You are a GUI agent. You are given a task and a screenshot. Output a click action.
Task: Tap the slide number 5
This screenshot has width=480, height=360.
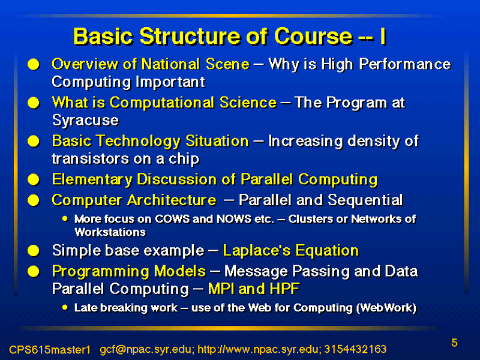[x=454, y=343]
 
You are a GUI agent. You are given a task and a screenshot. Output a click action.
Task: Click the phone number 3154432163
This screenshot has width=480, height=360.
[x=355, y=349]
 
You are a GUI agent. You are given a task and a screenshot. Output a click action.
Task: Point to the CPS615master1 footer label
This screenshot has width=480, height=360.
[x=50, y=349]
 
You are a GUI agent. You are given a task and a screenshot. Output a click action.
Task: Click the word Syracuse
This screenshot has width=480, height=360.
[x=85, y=120]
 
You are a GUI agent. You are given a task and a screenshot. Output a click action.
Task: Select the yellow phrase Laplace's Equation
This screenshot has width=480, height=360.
[x=291, y=250]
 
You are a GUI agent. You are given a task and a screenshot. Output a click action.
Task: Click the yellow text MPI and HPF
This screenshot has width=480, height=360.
[x=253, y=289]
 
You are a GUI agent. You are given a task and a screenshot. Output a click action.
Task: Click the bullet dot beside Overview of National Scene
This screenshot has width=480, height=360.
[x=34, y=64]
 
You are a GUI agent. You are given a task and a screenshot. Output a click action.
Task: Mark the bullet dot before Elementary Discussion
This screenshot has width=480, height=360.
[x=34, y=179]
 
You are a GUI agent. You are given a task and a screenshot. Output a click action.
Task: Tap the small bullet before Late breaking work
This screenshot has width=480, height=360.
[x=65, y=307]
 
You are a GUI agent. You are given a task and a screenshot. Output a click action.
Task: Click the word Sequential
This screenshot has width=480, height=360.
[x=365, y=200]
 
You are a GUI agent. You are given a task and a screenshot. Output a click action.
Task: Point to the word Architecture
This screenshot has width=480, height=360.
[x=172, y=200]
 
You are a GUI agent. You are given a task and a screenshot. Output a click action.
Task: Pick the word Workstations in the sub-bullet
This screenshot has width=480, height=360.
[x=110, y=232]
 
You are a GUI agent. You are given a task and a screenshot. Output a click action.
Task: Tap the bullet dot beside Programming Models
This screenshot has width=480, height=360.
[x=34, y=272]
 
